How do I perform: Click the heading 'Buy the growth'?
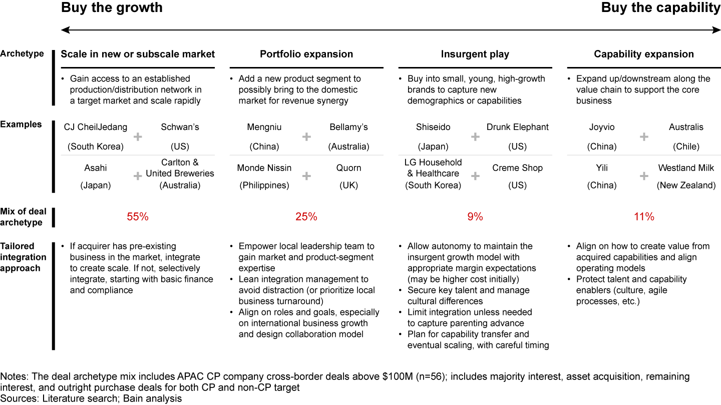pyautogui.click(x=112, y=8)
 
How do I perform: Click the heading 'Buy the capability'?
pyautogui.click(x=660, y=8)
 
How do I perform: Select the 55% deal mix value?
pyautogui.click(x=138, y=217)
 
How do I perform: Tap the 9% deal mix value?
pyautogui.click(x=475, y=217)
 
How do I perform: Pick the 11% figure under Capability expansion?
pyautogui.click(x=643, y=217)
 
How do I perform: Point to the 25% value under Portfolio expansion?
pyautogui.click(x=306, y=217)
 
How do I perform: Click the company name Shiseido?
pyautogui.click(x=434, y=127)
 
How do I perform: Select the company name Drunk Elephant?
pyautogui.click(x=517, y=127)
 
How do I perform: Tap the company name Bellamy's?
pyautogui.click(x=348, y=127)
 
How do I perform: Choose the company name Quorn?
pyautogui.click(x=348, y=168)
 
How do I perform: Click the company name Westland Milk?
pyautogui.click(x=686, y=168)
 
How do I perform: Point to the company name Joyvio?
pyautogui.click(x=602, y=127)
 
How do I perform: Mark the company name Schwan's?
pyautogui.click(x=180, y=127)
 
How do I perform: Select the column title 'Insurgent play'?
pyautogui.click(x=475, y=54)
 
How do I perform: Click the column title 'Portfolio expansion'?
pyautogui.click(x=306, y=54)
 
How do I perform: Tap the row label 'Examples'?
pyautogui.click(x=21, y=124)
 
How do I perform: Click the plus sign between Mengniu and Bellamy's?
pyautogui.click(x=306, y=136)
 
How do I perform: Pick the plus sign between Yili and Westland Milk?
pyautogui.click(x=644, y=176)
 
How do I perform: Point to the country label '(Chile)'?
pyautogui.click(x=686, y=146)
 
